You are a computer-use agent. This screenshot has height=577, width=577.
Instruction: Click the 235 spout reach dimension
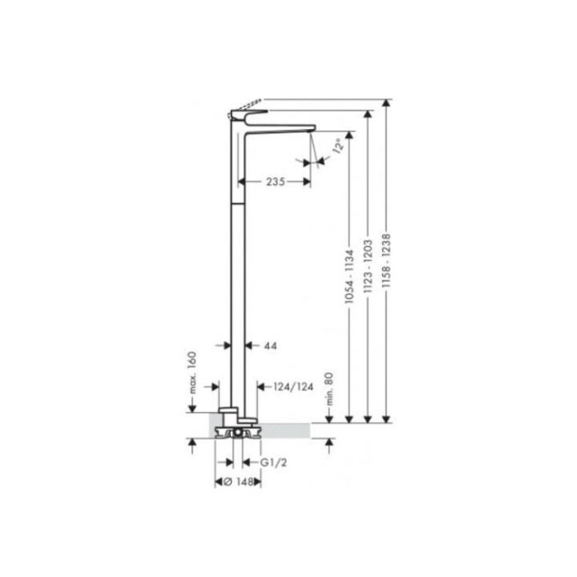(276, 182)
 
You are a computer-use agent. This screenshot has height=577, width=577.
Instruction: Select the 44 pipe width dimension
(270, 346)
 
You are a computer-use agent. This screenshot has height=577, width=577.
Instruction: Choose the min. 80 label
(329, 393)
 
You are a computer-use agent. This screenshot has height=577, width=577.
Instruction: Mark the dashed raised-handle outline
(248, 105)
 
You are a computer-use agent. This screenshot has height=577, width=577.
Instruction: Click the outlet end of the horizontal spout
(310, 128)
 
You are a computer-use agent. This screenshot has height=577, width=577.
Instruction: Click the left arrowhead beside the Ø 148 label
(219, 482)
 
